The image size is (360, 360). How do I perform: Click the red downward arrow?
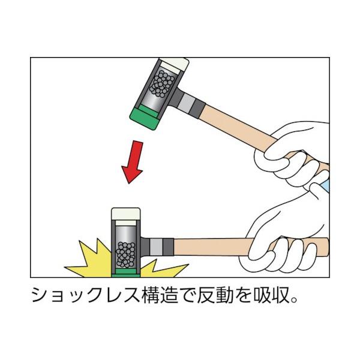pos(133,162)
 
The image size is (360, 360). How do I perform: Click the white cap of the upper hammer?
pos(175,65)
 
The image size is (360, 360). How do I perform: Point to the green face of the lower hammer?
pos(125,273)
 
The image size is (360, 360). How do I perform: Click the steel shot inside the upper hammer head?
pos(161,83)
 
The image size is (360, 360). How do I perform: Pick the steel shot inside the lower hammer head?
pos(125,255)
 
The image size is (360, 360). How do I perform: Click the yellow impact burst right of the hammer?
pos(161,269)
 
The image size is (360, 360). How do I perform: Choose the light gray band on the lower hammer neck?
pos(156,247)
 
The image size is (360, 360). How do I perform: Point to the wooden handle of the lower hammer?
pos(214,247)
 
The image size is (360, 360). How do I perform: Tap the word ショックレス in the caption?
pos(86,295)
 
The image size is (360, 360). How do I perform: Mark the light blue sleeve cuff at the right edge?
pos(326,185)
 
